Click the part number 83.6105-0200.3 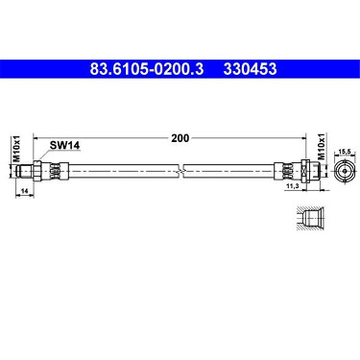pos(147,69)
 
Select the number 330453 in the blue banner pos(250,69)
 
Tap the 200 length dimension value pos(180,138)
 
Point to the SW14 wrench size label pos(64,145)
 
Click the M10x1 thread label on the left pos(16,149)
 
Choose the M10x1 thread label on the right pos(321,147)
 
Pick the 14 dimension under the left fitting pos(25,191)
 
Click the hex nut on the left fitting pos(37,170)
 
